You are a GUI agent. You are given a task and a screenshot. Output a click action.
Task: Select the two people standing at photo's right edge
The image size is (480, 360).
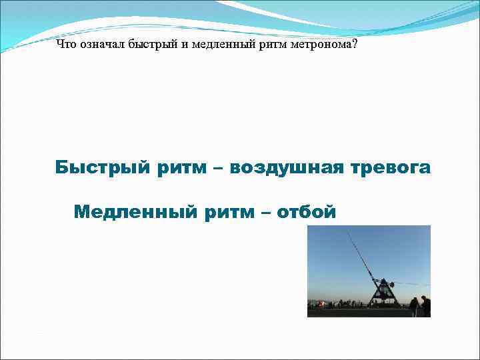click(419, 306)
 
